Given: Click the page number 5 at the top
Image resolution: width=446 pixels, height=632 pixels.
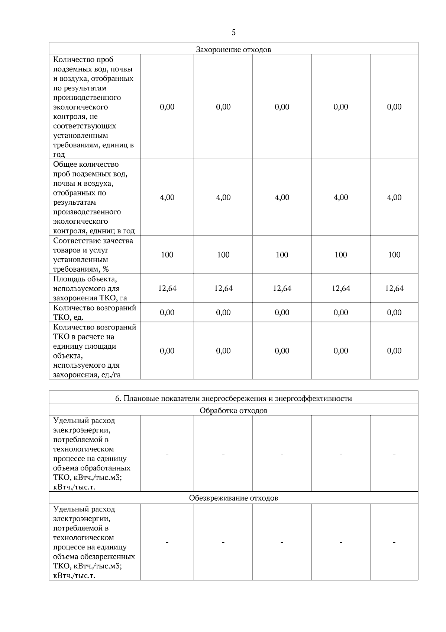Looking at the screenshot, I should (x=233, y=32).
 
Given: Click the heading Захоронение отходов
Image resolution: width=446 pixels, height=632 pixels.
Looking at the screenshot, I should (x=233, y=50).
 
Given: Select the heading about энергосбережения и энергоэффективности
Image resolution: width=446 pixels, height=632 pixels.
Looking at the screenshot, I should (x=233, y=399).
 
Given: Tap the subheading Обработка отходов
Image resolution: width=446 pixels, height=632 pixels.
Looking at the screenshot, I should (x=233, y=411).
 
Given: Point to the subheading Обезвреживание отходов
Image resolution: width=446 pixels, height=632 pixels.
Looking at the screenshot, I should (x=233, y=498).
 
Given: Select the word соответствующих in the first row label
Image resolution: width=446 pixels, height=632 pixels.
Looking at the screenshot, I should (x=84, y=126).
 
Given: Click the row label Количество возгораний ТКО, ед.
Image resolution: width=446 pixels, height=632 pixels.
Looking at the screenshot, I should (x=94, y=313).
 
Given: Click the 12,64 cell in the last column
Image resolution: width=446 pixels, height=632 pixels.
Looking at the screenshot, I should (x=394, y=288).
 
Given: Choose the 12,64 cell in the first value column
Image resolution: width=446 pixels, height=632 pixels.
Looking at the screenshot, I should (x=167, y=288).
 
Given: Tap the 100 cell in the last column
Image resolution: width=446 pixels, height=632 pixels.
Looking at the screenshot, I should (x=394, y=255).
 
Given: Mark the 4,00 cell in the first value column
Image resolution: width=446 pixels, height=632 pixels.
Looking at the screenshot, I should (x=167, y=198).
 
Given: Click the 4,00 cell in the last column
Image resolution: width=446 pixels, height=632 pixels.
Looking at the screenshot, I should (x=394, y=198).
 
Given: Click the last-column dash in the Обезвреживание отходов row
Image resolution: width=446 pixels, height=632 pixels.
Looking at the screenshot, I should (x=394, y=543).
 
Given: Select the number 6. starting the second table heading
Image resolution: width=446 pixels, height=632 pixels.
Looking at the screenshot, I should (x=118, y=399).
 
